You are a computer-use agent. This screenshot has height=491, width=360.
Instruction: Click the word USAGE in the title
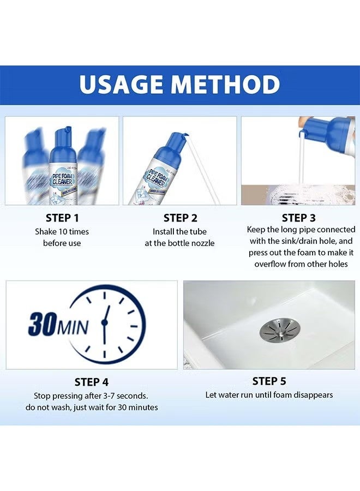point(121,85)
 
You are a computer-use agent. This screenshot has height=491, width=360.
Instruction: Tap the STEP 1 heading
point(62,218)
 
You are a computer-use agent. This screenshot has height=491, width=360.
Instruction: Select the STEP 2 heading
point(180,218)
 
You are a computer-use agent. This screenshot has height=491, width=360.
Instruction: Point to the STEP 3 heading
point(301,218)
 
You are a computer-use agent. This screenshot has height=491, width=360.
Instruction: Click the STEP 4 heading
point(91,382)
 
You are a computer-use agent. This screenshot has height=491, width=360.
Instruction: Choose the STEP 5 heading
point(269,381)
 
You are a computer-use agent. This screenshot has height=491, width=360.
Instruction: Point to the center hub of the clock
point(104,323)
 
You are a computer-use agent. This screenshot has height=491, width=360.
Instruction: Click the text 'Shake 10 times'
point(62,232)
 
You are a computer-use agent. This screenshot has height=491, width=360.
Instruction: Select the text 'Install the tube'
point(179,232)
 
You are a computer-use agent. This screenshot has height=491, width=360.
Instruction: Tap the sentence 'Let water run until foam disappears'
point(269,394)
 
